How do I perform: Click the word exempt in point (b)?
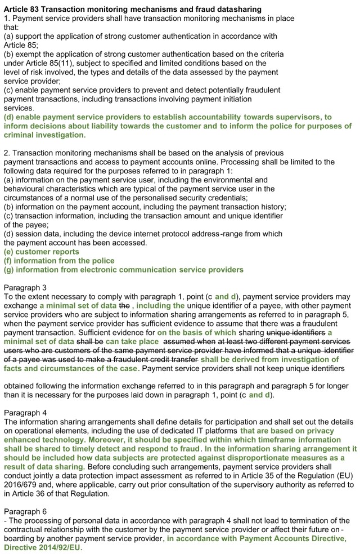click(28, 54)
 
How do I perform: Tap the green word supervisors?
click(299, 117)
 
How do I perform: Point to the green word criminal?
click(20, 135)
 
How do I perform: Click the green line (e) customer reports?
click(42, 252)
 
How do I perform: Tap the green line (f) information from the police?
click(59, 261)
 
